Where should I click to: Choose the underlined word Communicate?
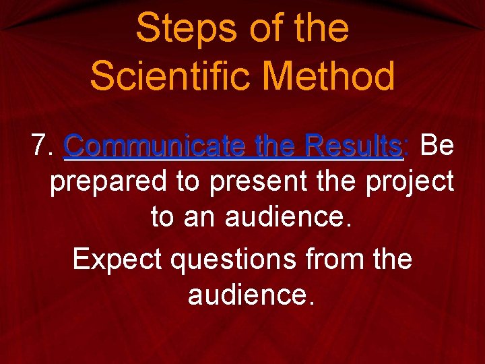coord(155,146)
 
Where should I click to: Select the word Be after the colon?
coord(437,146)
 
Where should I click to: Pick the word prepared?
coord(108,182)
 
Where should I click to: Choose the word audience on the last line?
coord(251,294)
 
